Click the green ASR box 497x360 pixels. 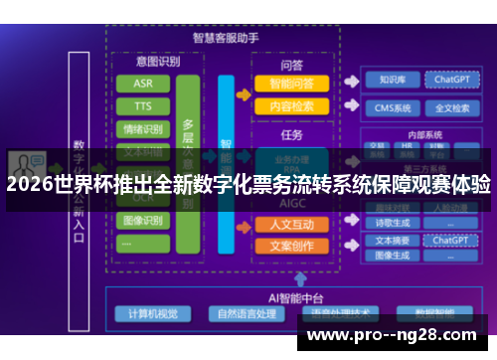pyautogui.click(x=143, y=83)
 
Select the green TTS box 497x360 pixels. pyautogui.click(x=143, y=105)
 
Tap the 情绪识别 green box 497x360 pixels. pyautogui.click(x=143, y=128)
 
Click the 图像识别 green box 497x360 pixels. pyautogui.click(x=143, y=221)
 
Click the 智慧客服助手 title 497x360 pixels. pyautogui.click(x=226, y=38)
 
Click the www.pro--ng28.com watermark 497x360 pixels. pyautogui.click(x=397, y=336)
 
